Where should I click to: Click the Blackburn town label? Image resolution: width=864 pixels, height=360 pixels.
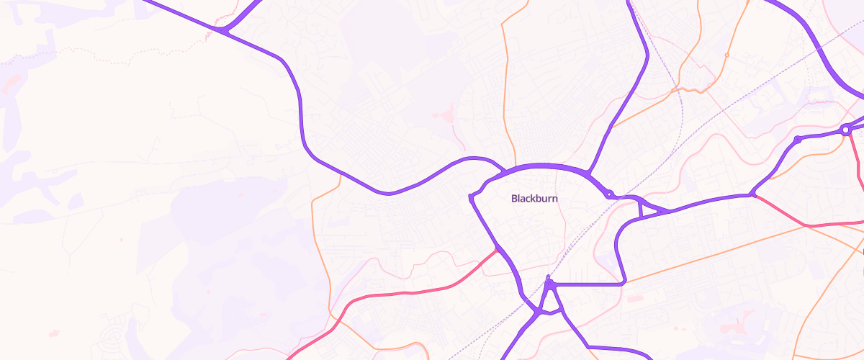point(534,198)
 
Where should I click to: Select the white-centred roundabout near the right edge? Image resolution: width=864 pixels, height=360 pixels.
point(845,130)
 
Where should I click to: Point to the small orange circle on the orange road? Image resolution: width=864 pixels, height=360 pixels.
point(726,55)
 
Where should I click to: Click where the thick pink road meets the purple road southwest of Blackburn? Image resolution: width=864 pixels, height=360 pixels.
point(497,249)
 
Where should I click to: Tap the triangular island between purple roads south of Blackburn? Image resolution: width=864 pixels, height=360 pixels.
point(549,300)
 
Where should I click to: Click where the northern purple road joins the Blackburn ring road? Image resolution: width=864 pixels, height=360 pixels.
point(589,174)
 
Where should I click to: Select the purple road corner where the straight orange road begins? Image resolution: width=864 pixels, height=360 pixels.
point(624,283)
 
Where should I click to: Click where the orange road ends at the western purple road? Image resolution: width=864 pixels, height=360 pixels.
point(340,174)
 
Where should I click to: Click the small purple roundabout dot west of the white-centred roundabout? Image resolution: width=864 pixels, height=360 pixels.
point(798,139)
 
